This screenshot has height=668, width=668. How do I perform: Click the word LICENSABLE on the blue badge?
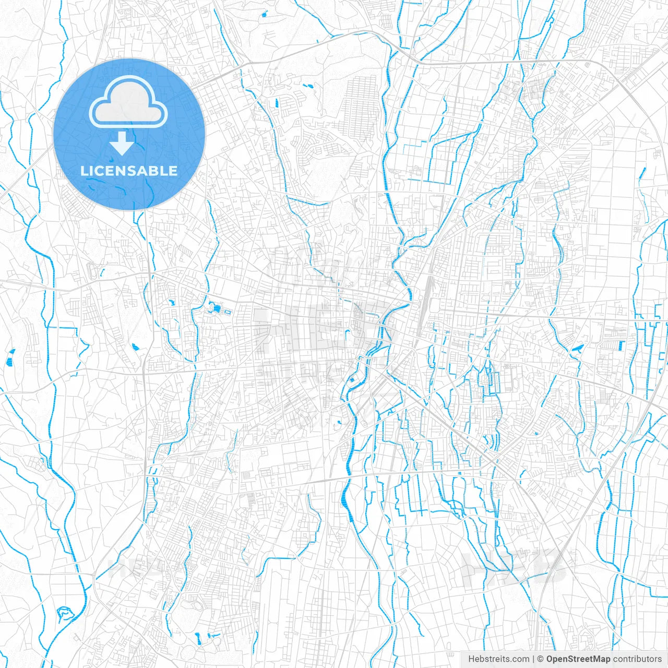coord(129,171)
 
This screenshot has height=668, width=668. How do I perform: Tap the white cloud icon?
coord(128,102)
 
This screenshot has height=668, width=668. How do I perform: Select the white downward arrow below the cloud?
coord(122,144)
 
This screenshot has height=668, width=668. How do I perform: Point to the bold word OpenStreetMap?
coord(578,659)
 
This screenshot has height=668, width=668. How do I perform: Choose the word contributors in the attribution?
coord(637,659)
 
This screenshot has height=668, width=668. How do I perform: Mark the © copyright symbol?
coord(541,659)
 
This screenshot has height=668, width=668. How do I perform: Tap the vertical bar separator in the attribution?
coord(533,659)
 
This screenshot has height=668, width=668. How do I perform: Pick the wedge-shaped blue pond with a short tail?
coord(577,348)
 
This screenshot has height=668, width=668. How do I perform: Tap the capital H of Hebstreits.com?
coord(471,659)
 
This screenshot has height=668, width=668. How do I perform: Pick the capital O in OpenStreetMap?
coord(550,659)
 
